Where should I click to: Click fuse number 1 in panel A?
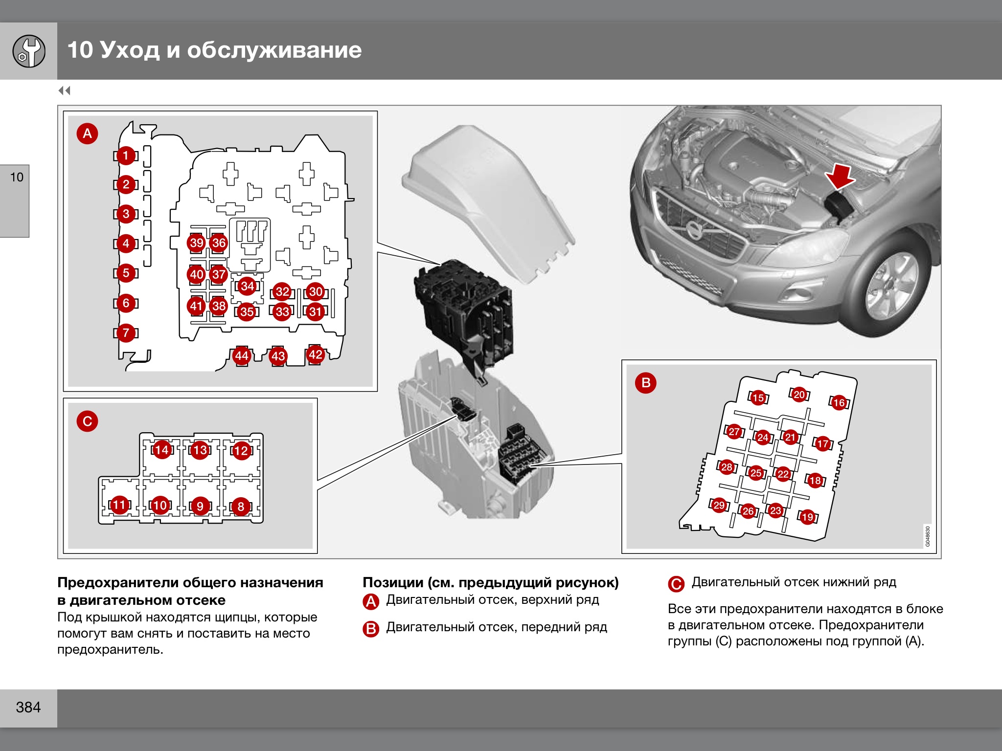(x=126, y=155)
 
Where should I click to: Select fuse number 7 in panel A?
(x=126, y=333)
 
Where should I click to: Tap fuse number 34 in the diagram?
(x=247, y=286)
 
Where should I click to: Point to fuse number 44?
(x=241, y=355)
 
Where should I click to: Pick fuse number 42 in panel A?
(x=315, y=354)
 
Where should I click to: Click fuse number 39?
(x=197, y=243)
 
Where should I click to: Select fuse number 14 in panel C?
(x=161, y=450)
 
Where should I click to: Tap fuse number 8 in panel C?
(x=241, y=507)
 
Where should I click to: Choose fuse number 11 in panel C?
(x=119, y=505)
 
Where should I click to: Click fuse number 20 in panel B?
(x=799, y=394)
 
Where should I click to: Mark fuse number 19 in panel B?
(x=807, y=517)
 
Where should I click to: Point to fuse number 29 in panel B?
(x=719, y=505)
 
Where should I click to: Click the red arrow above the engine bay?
(x=840, y=177)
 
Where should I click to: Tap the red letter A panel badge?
(x=88, y=133)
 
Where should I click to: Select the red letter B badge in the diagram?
(x=646, y=382)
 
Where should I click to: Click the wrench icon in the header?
(x=29, y=51)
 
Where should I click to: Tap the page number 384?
(x=28, y=707)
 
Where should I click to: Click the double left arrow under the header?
(x=64, y=90)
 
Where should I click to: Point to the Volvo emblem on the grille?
(x=693, y=229)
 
